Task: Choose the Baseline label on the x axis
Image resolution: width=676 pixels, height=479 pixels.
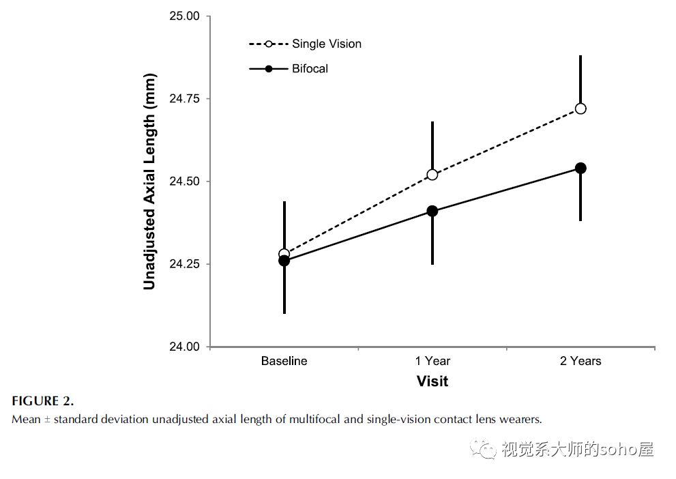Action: click(x=284, y=361)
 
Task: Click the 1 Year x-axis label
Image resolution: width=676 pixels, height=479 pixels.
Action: click(x=432, y=361)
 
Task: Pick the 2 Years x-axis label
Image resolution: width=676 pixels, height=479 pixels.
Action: click(x=581, y=361)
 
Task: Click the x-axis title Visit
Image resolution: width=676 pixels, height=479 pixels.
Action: click(x=432, y=381)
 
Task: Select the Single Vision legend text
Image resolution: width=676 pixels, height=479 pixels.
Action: click(x=327, y=44)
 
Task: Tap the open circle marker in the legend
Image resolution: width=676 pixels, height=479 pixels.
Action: click(x=269, y=44)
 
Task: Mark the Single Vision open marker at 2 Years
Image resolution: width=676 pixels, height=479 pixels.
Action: click(x=581, y=108)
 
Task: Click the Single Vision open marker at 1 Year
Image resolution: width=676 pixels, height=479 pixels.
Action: click(x=432, y=175)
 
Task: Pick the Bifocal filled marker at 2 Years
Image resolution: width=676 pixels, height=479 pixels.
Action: click(x=581, y=168)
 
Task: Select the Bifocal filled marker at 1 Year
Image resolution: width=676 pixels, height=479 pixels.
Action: click(x=432, y=211)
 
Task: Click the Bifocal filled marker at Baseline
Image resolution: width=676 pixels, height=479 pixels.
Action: click(x=284, y=261)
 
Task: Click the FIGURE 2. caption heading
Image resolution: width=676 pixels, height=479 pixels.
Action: click(x=42, y=401)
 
